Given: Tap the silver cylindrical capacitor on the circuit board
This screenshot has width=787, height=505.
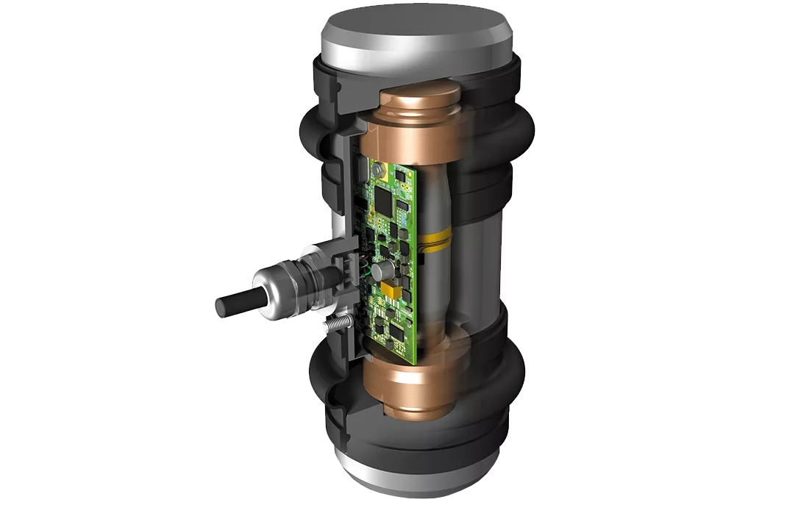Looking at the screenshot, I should tap(380, 272).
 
